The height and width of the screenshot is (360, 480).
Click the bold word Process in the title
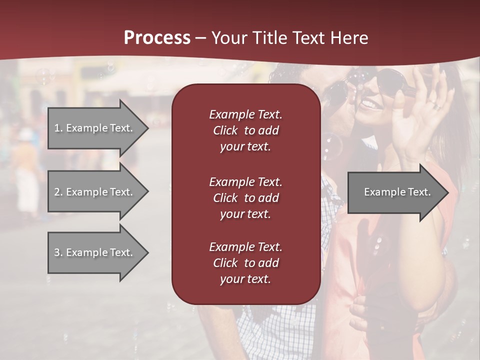(156, 38)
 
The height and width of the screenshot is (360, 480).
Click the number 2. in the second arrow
(58, 192)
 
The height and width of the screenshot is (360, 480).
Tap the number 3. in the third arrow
(58, 252)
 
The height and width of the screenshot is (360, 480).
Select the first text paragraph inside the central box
(245, 130)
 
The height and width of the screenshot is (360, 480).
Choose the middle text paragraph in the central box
(245, 197)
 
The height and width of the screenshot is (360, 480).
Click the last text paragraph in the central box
(245, 263)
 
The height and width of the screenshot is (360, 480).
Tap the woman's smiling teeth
(370, 104)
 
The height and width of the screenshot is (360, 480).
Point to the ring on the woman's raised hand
(436, 106)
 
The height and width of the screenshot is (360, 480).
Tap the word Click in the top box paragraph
(225, 130)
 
